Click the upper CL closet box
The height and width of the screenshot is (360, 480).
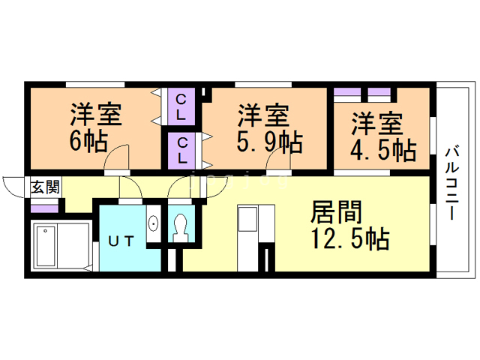point(182,107)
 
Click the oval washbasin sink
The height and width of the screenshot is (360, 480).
point(154,224)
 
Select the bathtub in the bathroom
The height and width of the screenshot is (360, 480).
point(46,245)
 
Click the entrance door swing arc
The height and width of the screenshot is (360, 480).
point(13,184)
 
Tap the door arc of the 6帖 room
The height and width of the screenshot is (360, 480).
point(118,157)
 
